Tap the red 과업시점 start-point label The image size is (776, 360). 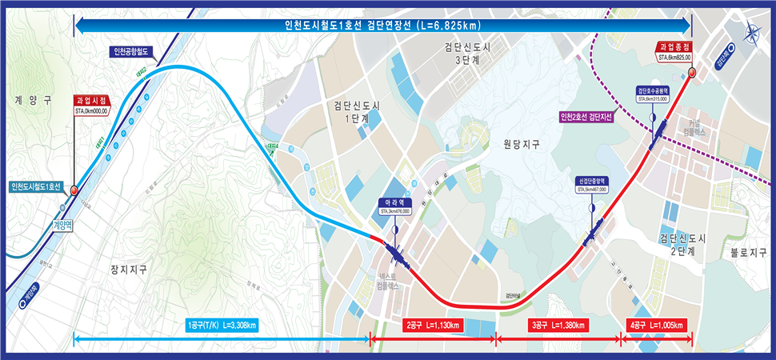coord(91,100)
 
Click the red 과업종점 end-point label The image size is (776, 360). coord(674,48)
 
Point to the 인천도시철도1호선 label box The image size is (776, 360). coord(37,187)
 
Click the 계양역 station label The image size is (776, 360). coord(62,225)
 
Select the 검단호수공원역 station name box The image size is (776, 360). coord(652,90)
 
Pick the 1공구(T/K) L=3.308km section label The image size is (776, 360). coord(222,326)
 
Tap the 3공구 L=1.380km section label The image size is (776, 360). coord(558,326)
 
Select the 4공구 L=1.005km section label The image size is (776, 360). coord(658,326)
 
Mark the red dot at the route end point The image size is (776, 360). coord(692,73)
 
